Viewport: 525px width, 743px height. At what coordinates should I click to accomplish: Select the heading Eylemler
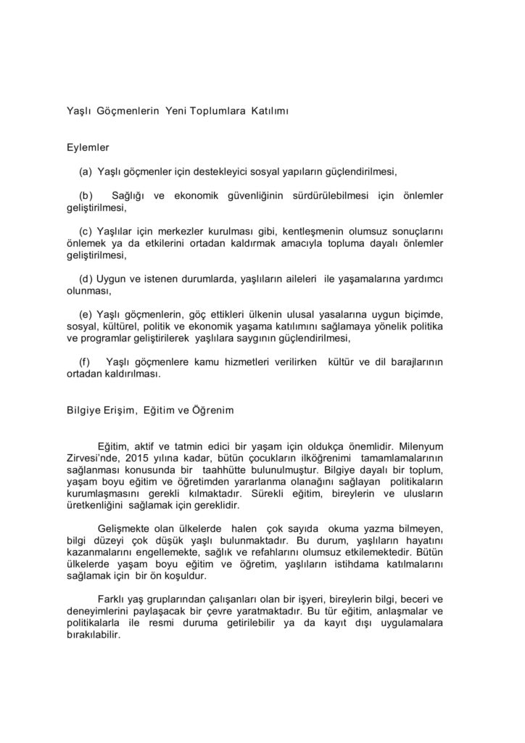88,147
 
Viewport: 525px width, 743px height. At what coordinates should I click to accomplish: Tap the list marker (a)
85,172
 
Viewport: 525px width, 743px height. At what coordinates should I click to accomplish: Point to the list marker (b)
86,196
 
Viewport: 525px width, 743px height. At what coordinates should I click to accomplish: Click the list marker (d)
86,279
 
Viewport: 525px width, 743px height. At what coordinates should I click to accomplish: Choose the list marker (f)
86,361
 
